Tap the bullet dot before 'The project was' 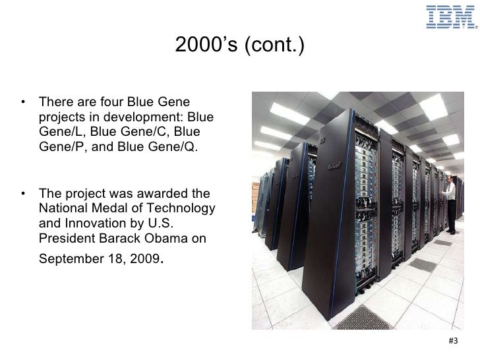click(24, 195)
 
